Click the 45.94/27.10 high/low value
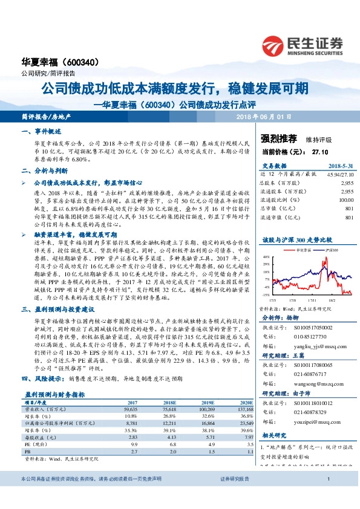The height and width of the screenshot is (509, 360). click(340, 173)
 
